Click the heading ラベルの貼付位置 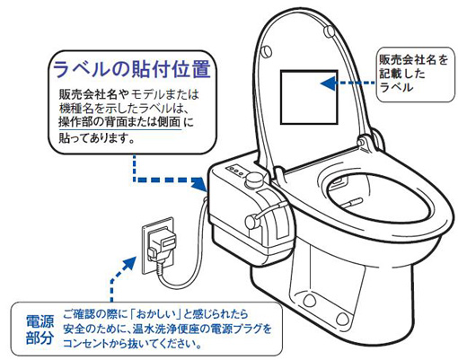pyautogui.click(x=132, y=69)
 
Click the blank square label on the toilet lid pyautogui.click(x=309, y=97)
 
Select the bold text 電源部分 pyautogui.click(x=40, y=329)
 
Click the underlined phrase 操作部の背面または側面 pyautogui.click(x=120, y=122)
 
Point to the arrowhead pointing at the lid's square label pyautogui.click(x=328, y=83)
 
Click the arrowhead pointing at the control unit pyautogui.click(x=199, y=183)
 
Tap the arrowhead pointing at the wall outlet pyautogui.click(x=129, y=264)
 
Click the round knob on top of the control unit pyautogui.click(x=254, y=180)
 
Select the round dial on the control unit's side pyautogui.click(x=252, y=222)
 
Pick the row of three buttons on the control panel pyautogui.click(x=235, y=171)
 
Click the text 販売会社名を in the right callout pyautogui.click(x=413, y=60)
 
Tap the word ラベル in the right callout pyautogui.click(x=396, y=87)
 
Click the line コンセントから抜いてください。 pyautogui.click(x=132, y=344)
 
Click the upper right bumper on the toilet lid pyautogui.click(x=330, y=31)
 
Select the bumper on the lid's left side pyautogui.click(x=266, y=51)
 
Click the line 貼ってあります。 pyautogui.click(x=97, y=137)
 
